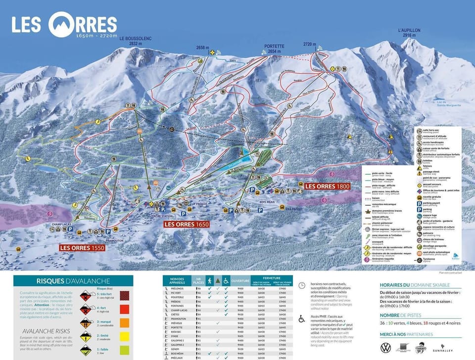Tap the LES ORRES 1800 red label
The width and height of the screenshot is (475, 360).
[x=327, y=186]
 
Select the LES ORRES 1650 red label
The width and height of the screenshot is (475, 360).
[x=187, y=224]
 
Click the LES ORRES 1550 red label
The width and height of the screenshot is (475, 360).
[x=82, y=247]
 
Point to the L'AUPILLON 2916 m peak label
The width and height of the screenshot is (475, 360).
[x=409, y=33]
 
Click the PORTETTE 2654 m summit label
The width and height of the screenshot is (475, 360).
[x=274, y=48]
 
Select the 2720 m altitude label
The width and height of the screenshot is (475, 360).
[x=310, y=45]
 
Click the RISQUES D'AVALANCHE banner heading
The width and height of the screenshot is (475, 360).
[x=73, y=281]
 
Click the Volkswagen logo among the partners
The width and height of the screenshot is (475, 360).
[x=386, y=348]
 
